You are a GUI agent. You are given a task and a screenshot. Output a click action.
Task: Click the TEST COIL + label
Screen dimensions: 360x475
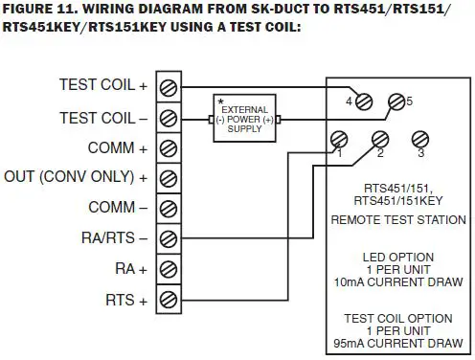pos(103,86)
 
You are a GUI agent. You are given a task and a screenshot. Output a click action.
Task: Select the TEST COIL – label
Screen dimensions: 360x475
pos(103,118)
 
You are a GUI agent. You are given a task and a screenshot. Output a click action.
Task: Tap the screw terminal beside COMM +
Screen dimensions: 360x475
pos(168,148)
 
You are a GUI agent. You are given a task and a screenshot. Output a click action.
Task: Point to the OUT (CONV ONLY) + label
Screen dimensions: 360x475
pos(77,178)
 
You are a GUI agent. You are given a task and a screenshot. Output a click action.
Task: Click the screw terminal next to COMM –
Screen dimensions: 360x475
pos(168,208)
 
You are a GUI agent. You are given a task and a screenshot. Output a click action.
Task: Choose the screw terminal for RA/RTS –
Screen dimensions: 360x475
pos(168,237)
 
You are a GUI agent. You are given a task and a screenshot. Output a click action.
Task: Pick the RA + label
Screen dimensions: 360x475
pos(131,268)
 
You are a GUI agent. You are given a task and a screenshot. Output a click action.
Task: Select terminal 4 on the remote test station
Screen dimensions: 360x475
pos(363,101)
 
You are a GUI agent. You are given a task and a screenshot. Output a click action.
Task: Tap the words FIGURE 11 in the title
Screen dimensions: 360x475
pos(43,11)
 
